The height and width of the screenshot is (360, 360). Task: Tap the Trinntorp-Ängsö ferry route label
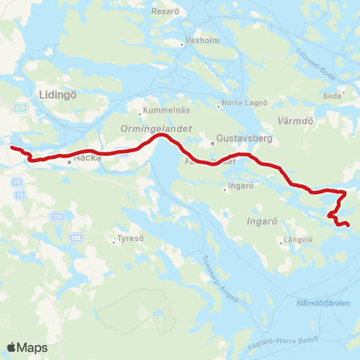click(x=220, y=280)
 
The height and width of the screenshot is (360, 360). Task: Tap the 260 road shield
click(x=74, y=237)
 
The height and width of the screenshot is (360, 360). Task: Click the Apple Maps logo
click(x=27, y=347)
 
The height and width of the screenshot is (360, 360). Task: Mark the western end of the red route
click(x=11, y=147)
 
